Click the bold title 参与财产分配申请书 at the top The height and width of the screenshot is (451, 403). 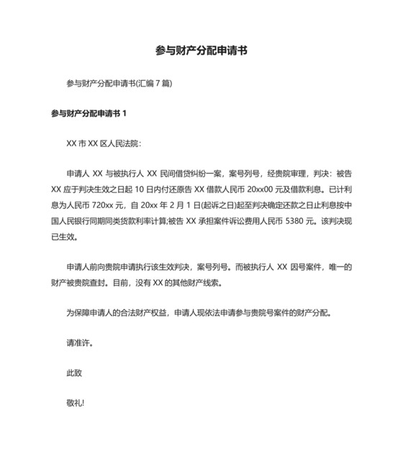point(201,51)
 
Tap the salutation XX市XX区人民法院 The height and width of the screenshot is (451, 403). point(103,143)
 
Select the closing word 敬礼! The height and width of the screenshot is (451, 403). point(75,403)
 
